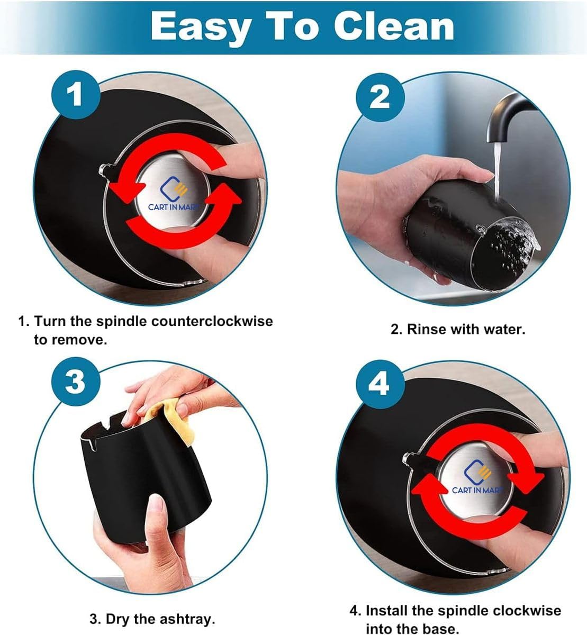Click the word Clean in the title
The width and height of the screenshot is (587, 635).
click(394, 26)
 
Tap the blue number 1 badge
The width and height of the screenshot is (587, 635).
click(76, 95)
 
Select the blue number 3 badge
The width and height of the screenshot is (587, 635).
click(76, 382)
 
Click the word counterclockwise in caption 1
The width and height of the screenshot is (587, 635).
click(212, 321)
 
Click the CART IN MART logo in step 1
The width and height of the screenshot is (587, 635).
click(174, 194)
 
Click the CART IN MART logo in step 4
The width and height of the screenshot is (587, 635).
click(477, 476)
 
